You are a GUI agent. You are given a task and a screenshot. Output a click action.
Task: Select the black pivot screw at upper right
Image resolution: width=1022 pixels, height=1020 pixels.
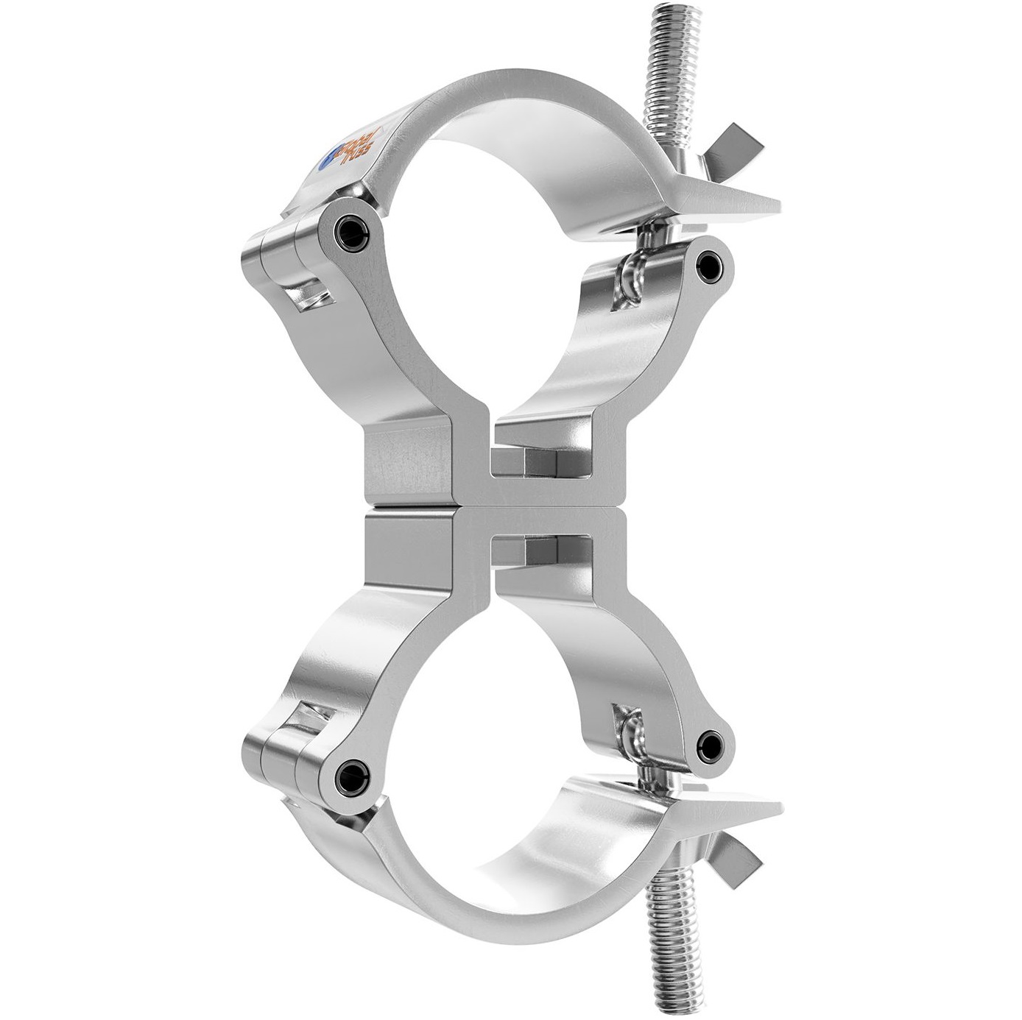[709, 263]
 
